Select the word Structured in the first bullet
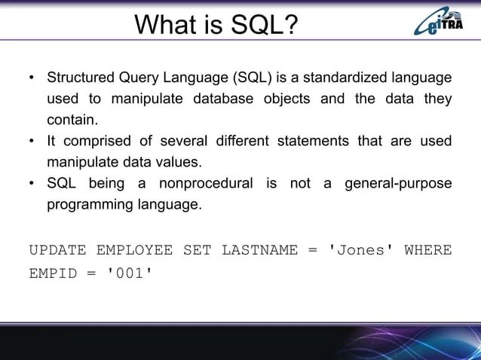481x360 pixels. pyautogui.click(x=79, y=78)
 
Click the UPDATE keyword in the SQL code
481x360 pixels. pyautogui.click(x=57, y=249)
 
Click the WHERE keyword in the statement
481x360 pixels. pyautogui.click(x=428, y=249)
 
